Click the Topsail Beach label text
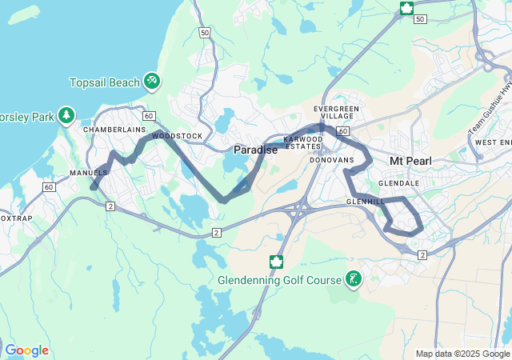pyautogui.click(x=105, y=82)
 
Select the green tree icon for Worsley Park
pyautogui.click(x=66, y=117)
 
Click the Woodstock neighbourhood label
pyautogui.click(x=178, y=137)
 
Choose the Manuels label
pyautogui.click(x=89, y=173)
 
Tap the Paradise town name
pyautogui.click(x=256, y=150)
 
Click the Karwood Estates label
pyautogui.click(x=303, y=142)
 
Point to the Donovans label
pyautogui.click(x=332, y=160)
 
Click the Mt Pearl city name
pyautogui.click(x=410, y=161)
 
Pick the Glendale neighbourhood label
pyautogui.click(x=399, y=183)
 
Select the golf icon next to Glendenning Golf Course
pyautogui.click(x=351, y=279)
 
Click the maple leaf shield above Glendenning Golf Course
pyautogui.click(x=276, y=261)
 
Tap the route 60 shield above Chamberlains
pyautogui.click(x=149, y=115)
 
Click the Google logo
pyautogui.click(x=26, y=350)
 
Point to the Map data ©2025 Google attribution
pyautogui.click(x=462, y=354)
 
